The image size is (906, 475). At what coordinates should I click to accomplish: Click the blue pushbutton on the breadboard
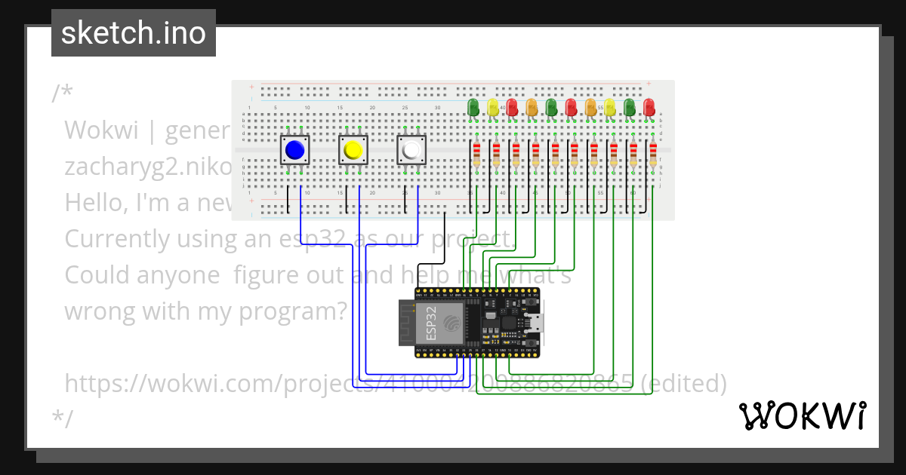tap(294, 151)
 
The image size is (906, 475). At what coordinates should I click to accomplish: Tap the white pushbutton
tap(411, 151)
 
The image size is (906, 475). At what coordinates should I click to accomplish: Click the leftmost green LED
tap(473, 106)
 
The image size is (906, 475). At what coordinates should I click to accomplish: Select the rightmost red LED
tap(649, 106)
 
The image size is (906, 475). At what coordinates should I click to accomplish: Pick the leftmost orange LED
tap(532, 106)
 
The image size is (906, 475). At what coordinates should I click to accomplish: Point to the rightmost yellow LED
tap(610, 106)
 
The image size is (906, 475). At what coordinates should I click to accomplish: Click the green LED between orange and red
tap(551, 106)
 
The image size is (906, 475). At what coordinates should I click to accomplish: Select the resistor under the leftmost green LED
tap(476, 155)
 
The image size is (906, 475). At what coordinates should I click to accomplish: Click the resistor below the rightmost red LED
tap(652, 155)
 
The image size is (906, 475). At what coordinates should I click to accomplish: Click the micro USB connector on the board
tap(538, 323)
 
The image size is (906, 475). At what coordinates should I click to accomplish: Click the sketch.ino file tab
tap(134, 33)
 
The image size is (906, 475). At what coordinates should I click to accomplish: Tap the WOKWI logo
tap(802, 415)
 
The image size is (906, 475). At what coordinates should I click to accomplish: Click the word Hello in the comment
tap(96, 202)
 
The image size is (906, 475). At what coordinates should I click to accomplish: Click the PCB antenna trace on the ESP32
tap(407, 323)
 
